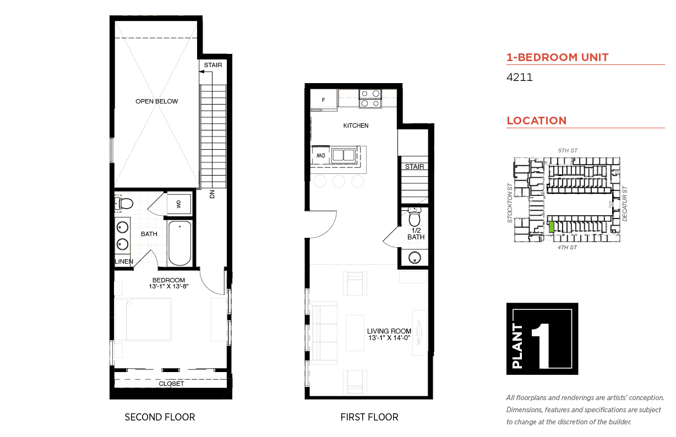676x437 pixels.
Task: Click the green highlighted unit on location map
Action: coord(551,227)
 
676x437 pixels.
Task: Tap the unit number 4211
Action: coord(519,78)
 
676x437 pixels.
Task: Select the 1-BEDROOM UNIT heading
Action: coord(557,57)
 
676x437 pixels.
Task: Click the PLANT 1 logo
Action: coord(542,338)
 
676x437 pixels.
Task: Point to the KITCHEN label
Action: coord(356,125)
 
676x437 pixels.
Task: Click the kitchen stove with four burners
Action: coord(370,98)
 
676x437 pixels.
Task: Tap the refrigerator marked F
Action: coord(324,100)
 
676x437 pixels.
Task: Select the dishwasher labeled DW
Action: coord(320,156)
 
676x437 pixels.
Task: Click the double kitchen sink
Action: coord(344,155)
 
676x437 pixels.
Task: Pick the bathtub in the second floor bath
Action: coord(179,243)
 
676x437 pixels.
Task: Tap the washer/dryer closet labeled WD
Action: coord(179,204)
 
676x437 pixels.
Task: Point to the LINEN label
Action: coord(124,261)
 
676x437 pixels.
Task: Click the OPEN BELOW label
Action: coord(157,101)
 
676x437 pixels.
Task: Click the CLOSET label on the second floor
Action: coord(171,384)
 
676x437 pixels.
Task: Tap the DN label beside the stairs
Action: coord(211,194)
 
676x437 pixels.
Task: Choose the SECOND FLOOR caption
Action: coord(160,417)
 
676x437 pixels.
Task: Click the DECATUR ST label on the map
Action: coord(625,204)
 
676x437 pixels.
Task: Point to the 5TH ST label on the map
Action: coord(567,150)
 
